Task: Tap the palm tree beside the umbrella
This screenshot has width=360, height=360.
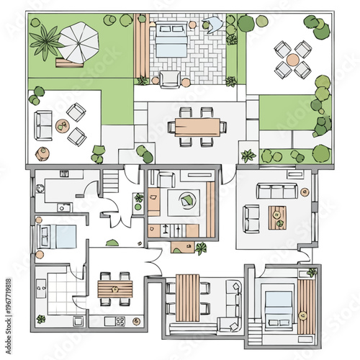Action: [x=47, y=41]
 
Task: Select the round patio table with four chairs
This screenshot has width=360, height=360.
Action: [x=292, y=59]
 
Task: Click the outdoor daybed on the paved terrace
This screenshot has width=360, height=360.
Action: [x=170, y=42]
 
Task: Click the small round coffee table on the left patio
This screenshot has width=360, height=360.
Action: [x=62, y=125]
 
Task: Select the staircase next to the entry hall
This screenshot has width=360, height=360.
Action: [x=111, y=181]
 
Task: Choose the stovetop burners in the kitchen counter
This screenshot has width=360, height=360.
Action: [x=119, y=320]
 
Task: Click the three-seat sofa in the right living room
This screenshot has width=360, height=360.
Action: [x=277, y=191]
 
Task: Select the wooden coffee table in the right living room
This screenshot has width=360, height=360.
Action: [x=277, y=217]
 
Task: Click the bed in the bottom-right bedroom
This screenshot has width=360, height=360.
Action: [x=279, y=302]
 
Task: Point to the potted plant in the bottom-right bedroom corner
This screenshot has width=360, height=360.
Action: [x=312, y=272]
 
